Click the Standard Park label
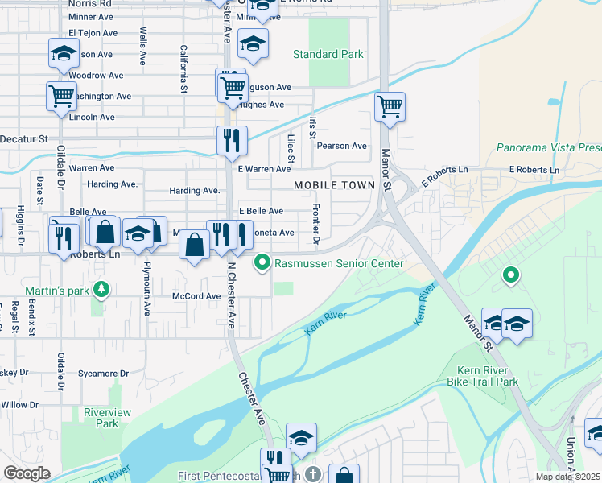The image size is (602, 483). [x=328, y=55]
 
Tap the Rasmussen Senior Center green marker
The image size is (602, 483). [x=262, y=263]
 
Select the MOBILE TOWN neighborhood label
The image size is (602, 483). [x=335, y=185]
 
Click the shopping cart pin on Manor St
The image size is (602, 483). [x=390, y=107]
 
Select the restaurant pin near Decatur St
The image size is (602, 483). [x=232, y=141]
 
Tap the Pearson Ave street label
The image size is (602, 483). [x=341, y=146]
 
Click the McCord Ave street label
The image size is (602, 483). [x=196, y=296]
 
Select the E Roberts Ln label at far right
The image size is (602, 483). [x=534, y=170]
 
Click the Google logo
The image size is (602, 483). [x=27, y=473]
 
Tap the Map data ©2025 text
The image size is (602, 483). [x=567, y=477]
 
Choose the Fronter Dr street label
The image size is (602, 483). [x=316, y=229]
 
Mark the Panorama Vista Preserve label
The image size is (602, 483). [x=548, y=148]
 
